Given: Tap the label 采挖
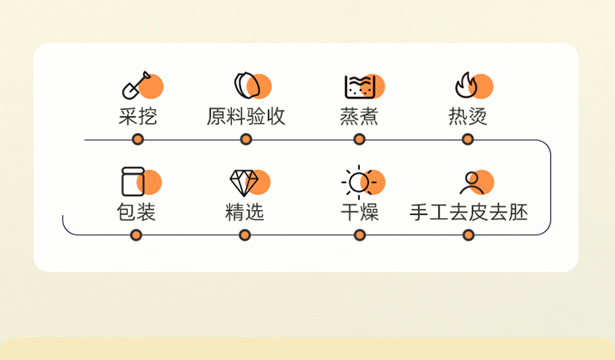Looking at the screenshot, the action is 137,116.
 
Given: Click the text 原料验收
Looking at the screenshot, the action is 246,116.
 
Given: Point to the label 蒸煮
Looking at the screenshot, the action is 359,116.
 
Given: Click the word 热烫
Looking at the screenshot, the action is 467,116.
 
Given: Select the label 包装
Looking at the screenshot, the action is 136,212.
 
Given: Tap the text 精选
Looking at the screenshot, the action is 245,212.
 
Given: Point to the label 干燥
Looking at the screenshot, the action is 360,212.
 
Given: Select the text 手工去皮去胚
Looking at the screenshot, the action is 468,212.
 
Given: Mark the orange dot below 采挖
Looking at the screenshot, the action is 138,139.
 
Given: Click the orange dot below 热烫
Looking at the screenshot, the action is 467,139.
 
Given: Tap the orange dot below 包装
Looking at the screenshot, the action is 136,235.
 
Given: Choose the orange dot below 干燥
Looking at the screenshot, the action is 360,235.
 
